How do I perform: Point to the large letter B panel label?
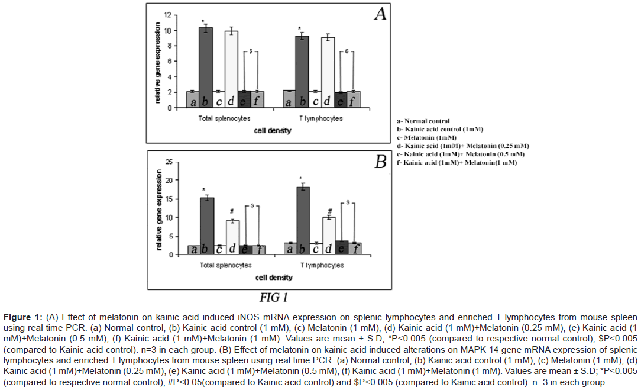coord(380,162)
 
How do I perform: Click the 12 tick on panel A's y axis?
coord(167,15)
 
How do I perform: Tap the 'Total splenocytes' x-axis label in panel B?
coord(225,265)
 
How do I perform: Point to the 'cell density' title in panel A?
coord(273,130)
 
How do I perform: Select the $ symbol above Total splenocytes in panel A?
coord(251,51)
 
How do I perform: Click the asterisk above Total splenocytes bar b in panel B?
coord(204,191)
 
